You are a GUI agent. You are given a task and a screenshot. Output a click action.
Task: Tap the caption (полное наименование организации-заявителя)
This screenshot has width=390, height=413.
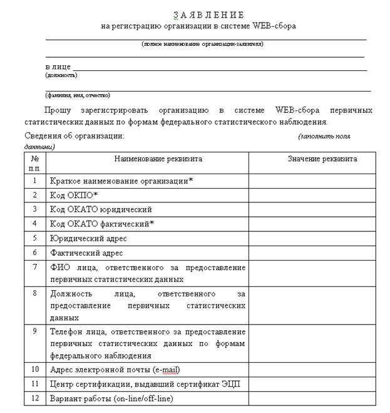[202, 44]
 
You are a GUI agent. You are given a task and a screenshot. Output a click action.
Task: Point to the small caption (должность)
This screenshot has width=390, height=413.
[61, 75]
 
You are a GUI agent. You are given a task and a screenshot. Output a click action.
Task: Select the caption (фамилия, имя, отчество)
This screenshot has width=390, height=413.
[78, 95]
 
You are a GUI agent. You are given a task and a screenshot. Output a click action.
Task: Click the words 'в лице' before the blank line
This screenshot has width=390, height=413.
[57, 66]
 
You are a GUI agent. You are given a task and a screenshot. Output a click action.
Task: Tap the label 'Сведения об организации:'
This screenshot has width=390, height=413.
[74, 135]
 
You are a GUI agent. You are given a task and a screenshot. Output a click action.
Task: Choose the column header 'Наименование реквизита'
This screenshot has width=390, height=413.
[148, 159]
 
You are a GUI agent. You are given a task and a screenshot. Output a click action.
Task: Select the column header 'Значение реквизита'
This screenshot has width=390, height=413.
[322, 159]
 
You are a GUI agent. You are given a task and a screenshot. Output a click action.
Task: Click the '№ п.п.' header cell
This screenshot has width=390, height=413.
[35, 163]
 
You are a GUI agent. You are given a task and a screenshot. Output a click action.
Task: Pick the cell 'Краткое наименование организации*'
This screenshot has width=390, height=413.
[121, 180]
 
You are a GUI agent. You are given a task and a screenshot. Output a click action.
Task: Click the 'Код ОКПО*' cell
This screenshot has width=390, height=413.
[74, 195]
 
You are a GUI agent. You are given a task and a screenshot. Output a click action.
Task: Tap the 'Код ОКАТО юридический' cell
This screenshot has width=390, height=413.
[101, 209]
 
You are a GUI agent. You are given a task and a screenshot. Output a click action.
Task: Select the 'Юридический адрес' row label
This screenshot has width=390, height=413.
[88, 238]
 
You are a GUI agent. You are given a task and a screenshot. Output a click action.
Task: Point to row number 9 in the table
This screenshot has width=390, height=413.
[35, 331]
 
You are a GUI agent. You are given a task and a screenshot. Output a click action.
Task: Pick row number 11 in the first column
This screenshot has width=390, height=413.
[35, 384]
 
